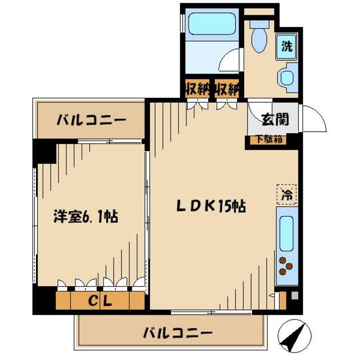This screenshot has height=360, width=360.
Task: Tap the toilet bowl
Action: (260, 37)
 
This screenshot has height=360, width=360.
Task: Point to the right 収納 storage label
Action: (227, 88)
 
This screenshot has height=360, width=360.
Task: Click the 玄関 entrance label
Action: (276, 120)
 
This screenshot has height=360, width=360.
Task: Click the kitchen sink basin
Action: (286, 232)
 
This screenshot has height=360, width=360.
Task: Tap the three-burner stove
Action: (286, 267)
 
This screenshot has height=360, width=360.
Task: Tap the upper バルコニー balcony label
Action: (91, 120)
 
